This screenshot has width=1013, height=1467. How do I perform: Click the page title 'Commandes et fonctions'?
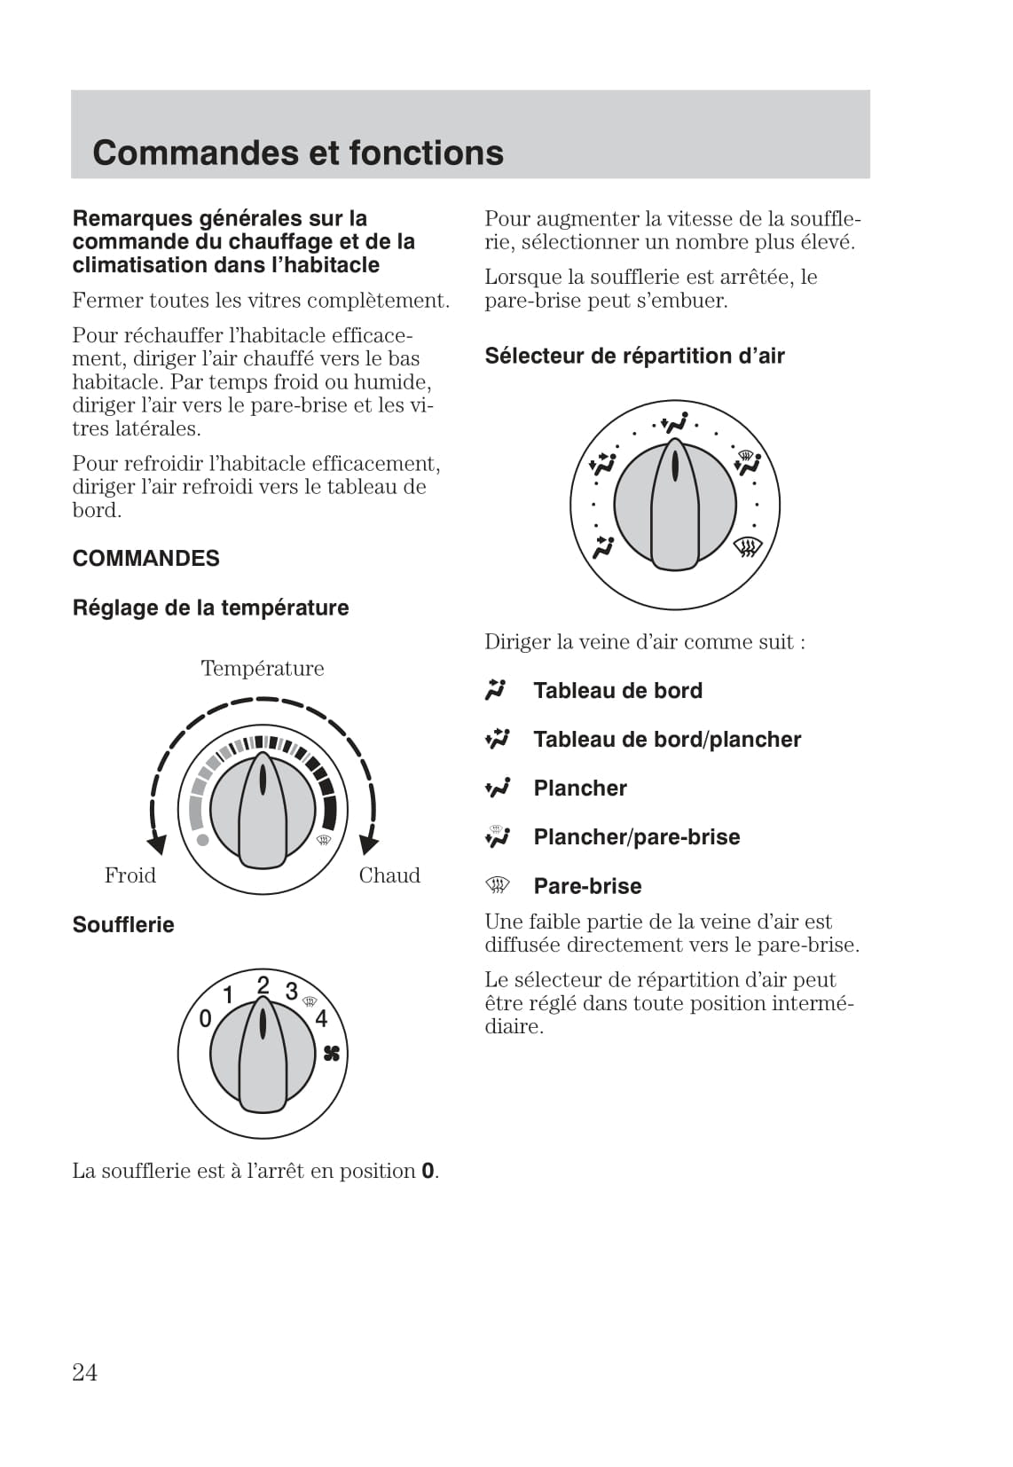click(298, 153)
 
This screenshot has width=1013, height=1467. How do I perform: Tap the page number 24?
click(85, 1372)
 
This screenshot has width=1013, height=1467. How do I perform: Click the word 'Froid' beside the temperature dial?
click(130, 875)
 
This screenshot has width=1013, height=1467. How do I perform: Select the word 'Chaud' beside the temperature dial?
click(389, 875)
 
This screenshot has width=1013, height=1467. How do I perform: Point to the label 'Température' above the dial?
click(263, 668)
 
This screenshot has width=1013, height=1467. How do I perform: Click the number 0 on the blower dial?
click(205, 1018)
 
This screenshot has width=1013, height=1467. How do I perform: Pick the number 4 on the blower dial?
click(321, 1018)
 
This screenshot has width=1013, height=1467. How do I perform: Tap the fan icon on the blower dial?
click(332, 1054)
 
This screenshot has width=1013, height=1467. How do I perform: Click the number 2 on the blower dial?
click(263, 985)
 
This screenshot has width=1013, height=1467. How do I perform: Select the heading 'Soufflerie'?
click(123, 924)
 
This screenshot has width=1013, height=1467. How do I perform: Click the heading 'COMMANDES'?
click(146, 558)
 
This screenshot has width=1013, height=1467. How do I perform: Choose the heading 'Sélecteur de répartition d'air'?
click(634, 356)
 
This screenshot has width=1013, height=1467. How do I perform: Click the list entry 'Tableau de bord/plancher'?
click(667, 739)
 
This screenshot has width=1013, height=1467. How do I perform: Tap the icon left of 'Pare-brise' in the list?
click(498, 884)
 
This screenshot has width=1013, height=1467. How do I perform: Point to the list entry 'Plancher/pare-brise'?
click(636, 836)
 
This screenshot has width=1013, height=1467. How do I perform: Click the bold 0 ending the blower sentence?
click(428, 1171)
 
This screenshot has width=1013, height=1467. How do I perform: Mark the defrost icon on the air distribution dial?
click(748, 548)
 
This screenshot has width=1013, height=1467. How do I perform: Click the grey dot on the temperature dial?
click(203, 839)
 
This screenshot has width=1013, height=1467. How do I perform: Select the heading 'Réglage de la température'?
click(210, 608)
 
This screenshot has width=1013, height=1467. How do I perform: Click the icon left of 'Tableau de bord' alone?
click(496, 689)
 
